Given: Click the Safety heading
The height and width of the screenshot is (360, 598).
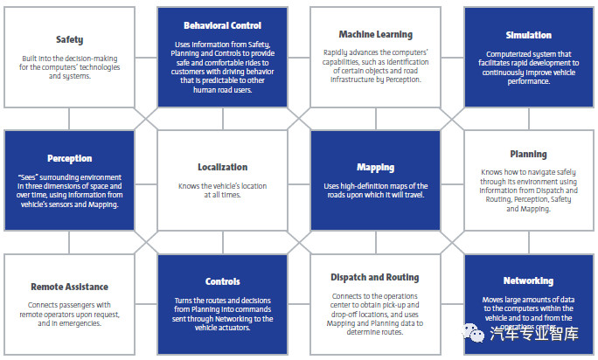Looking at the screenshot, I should click(70, 39).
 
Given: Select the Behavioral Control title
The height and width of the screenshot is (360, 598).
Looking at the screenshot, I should click(223, 26).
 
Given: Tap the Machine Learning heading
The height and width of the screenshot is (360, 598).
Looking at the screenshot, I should click(375, 35).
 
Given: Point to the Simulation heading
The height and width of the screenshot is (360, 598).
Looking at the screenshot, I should click(528, 35).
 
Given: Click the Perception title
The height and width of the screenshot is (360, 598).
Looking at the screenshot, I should click(70, 159).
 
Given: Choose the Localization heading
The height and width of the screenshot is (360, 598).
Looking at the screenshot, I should click(223, 167).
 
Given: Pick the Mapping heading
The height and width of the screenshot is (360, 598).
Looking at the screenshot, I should click(375, 167).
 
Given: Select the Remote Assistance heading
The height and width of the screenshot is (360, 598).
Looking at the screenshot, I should click(70, 286).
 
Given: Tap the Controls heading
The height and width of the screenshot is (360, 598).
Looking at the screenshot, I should click(223, 282).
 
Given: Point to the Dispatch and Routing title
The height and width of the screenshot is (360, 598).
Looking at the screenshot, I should click(375, 278).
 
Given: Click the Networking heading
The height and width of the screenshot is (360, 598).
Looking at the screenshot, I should click(528, 280).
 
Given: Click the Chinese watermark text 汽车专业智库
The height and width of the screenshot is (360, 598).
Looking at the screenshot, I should click(534, 333).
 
